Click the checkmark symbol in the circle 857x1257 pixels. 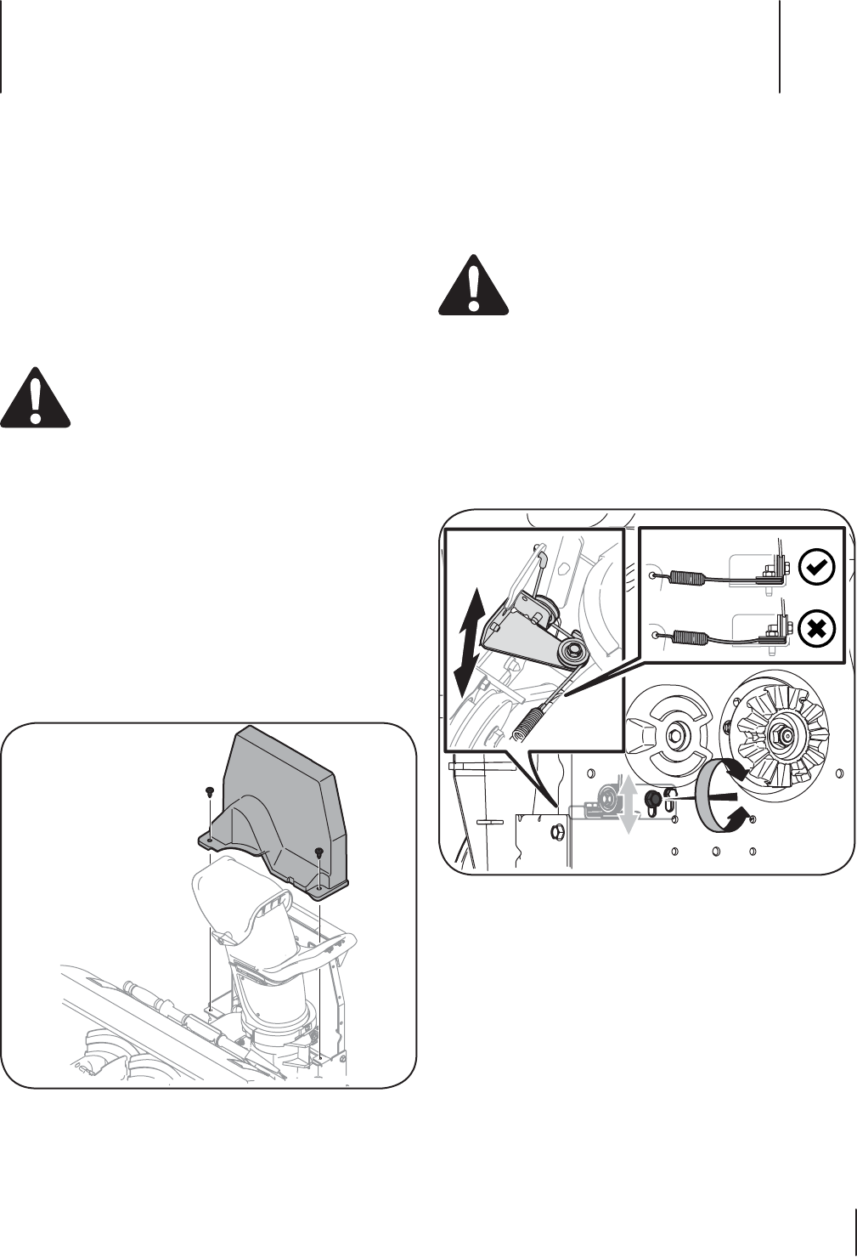pyautogui.click(x=817, y=567)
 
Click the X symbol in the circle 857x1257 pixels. pyautogui.click(x=817, y=629)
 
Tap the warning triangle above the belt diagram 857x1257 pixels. pyautogui.click(x=474, y=287)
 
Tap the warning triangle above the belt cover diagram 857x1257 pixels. pyautogui.click(x=36, y=398)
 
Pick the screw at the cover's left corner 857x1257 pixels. pyautogui.click(x=209, y=792)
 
